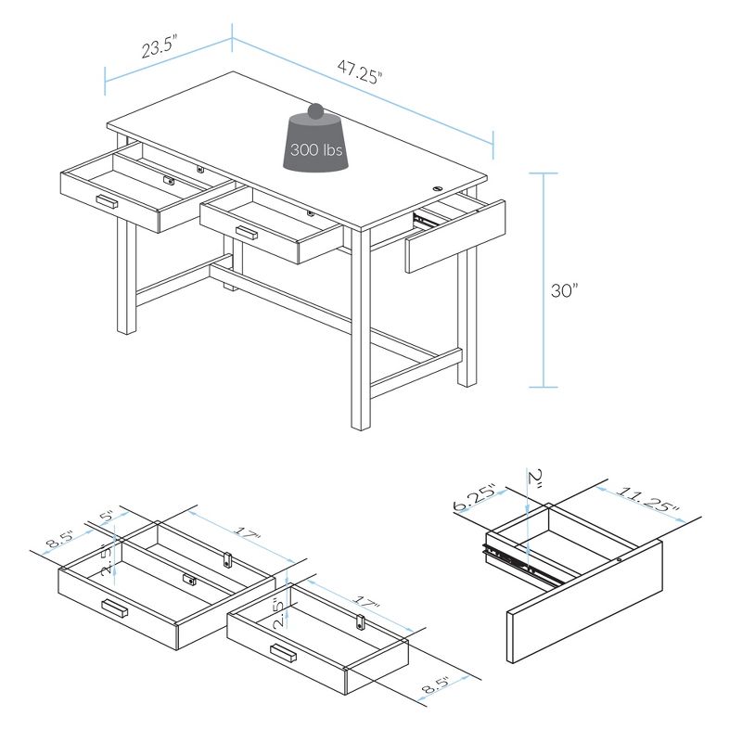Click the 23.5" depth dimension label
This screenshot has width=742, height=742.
coord(159,48)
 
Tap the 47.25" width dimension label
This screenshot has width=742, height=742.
coord(360,71)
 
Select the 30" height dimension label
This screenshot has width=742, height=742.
coord(564,290)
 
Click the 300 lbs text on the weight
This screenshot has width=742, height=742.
coord(316,149)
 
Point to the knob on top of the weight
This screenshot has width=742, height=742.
coord(316,110)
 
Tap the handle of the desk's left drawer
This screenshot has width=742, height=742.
coord(107,200)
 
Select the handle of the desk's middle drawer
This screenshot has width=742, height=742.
coord(246,232)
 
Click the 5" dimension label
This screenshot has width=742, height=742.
coord(107,516)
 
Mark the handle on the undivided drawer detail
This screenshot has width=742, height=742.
coord(283,655)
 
